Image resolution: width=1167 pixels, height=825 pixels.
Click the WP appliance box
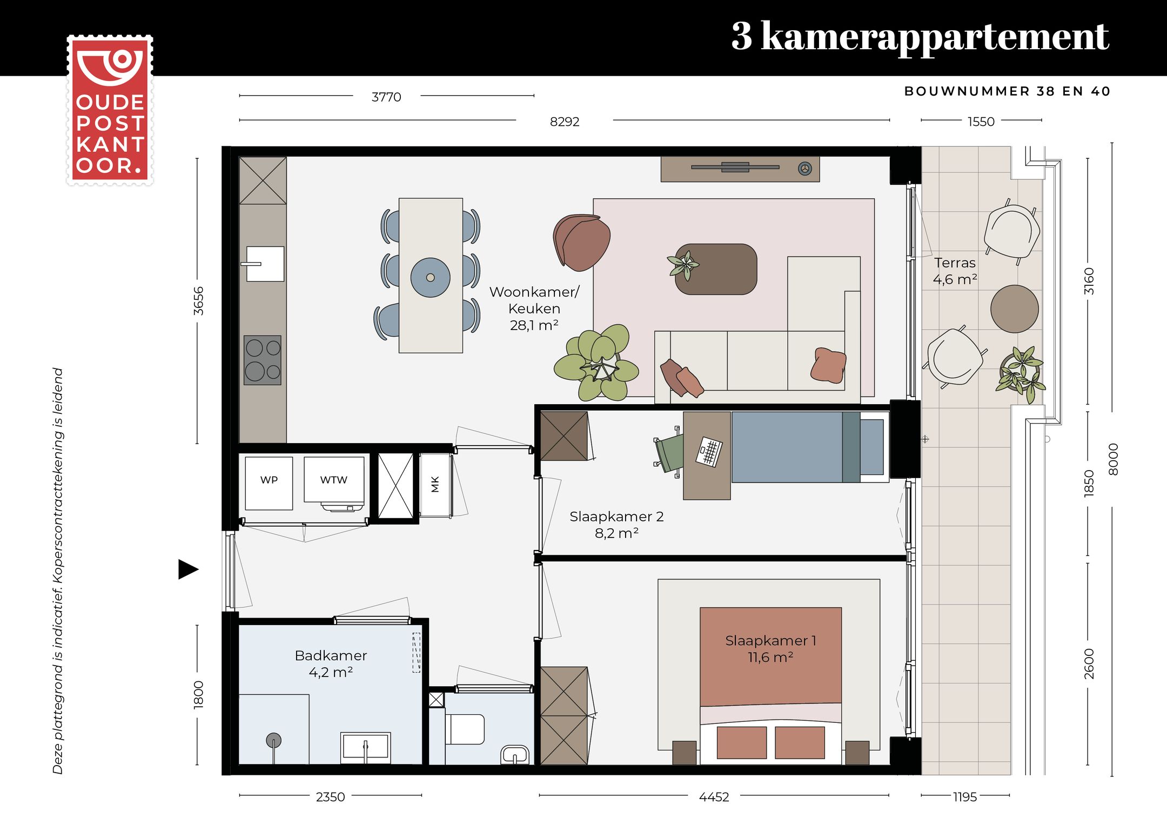click(x=269, y=482)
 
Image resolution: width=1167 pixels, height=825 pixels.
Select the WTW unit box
click(x=333, y=480)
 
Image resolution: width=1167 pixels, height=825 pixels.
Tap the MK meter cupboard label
click(x=435, y=484)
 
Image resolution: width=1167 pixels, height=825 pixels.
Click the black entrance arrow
click(x=188, y=569)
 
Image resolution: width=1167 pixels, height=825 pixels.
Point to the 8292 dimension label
click(x=564, y=122)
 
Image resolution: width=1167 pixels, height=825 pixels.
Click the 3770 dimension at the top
click(x=386, y=97)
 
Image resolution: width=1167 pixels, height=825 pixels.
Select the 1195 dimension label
click(x=964, y=797)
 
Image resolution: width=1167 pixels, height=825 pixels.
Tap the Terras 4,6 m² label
click(x=955, y=271)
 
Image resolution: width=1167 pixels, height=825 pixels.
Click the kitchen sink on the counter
click(x=265, y=264)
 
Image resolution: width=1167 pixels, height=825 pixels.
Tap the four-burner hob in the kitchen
click(x=263, y=360)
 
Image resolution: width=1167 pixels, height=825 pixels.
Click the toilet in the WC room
click(x=466, y=729)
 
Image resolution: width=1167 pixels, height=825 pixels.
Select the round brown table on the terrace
click(x=1014, y=309)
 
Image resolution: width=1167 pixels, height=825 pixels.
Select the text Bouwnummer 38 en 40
click(x=1007, y=91)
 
